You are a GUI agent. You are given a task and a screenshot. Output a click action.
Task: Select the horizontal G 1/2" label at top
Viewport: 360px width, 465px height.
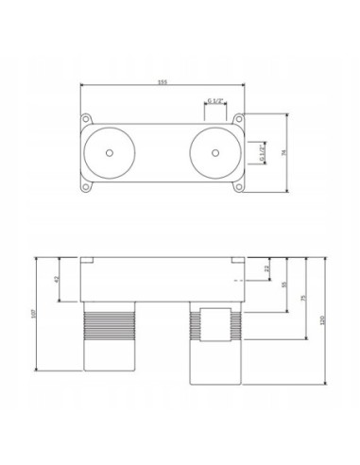[x=215, y=99]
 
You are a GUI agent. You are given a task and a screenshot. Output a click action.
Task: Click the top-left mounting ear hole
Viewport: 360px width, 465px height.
[x=86, y=119]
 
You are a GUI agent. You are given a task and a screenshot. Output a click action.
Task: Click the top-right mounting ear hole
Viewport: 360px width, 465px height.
[x=242, y=119]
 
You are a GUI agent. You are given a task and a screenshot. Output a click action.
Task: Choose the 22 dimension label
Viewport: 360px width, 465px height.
[x=268, y=269]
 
